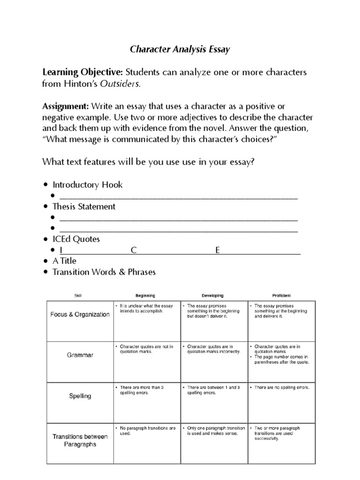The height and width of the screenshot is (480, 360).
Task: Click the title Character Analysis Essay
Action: tap(180, 49)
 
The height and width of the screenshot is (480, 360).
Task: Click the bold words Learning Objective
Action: tap(82, 72)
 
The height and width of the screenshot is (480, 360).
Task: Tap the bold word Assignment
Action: tap(66, 106)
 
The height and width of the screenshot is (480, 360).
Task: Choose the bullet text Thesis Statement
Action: tap(84, 206)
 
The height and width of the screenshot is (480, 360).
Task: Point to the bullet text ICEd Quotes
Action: tap(76, 239)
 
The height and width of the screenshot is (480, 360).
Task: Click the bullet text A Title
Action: tap(64, 261)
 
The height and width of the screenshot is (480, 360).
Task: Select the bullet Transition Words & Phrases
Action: tap(104, 272)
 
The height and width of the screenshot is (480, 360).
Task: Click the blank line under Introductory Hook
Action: tap(178, 196)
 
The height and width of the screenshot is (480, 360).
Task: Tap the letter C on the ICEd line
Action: tap(134, 250)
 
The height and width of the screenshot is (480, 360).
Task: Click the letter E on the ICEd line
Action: tap(217, 250)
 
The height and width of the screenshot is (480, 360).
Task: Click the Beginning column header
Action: tap(145, 296)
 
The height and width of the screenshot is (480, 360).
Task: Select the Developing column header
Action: tap(212, 296)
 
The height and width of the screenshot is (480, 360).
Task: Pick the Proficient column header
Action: tap(281, 296)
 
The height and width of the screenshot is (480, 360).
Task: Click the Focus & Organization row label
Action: tap(80, 315)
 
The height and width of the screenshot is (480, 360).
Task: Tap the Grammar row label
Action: tap(80, 355)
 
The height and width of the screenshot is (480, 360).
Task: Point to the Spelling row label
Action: tap(80, 396)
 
